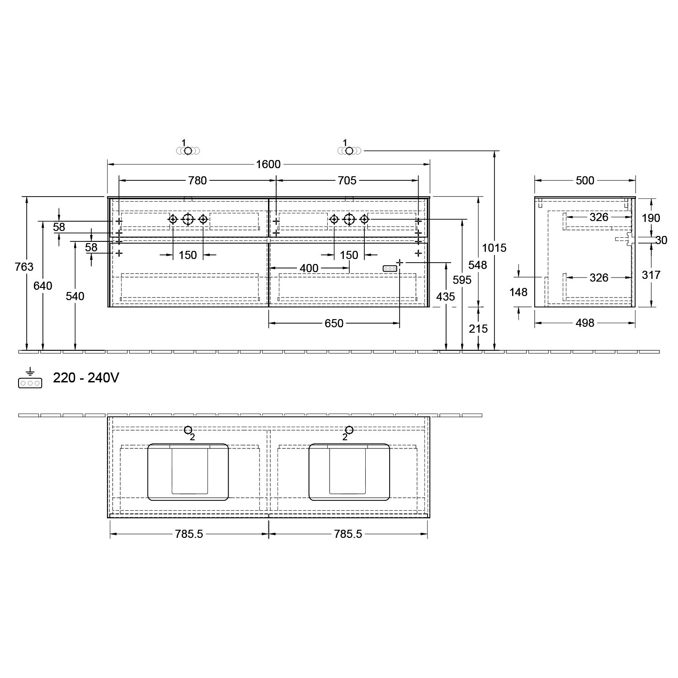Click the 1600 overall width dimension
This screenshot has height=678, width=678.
click(x=268, y=164)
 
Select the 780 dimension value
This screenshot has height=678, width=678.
click(x=198, y=181)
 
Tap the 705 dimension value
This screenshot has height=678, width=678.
click(x=347, y=181)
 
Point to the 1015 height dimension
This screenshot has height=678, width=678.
click(x=494, y=248)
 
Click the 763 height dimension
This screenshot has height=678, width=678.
click(x=24, y=267)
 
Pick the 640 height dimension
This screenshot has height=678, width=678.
click(x=43, y=286)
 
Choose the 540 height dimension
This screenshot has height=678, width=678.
click(x=75, y=296)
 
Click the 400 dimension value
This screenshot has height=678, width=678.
click(x=309, y=268)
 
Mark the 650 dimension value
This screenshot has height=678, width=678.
click(x=334, y=324)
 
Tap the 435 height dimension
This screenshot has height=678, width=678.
click(x=446, y=297)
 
